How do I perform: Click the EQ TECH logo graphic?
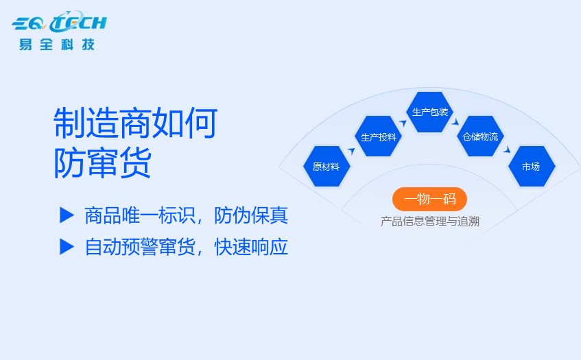click(59, 22)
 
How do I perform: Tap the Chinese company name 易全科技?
click(57, 45)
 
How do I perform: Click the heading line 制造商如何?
click(135, 123)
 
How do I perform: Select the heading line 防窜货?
click(103, 163)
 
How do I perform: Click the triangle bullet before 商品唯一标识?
click(67, 215)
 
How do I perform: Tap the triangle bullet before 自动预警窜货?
click(67, 247)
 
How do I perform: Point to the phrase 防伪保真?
click(251, 215)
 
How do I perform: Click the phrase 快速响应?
click(251, 247)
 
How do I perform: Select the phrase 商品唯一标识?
click(140, 215)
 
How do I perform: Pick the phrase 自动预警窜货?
click(140, 247)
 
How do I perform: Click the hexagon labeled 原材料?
click(327, 167)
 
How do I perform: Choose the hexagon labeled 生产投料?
click(379, 136)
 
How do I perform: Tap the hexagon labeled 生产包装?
click(430, 112)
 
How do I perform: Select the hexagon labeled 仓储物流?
click(480, 136)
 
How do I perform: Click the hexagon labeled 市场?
click(532, 167)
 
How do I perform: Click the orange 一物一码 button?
click(429, 199)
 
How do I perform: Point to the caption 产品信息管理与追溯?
click(430, 221)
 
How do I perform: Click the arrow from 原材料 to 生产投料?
click(351, 151)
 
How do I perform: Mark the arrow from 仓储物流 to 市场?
click(507, 149)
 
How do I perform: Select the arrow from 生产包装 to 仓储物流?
click(455, 121)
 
